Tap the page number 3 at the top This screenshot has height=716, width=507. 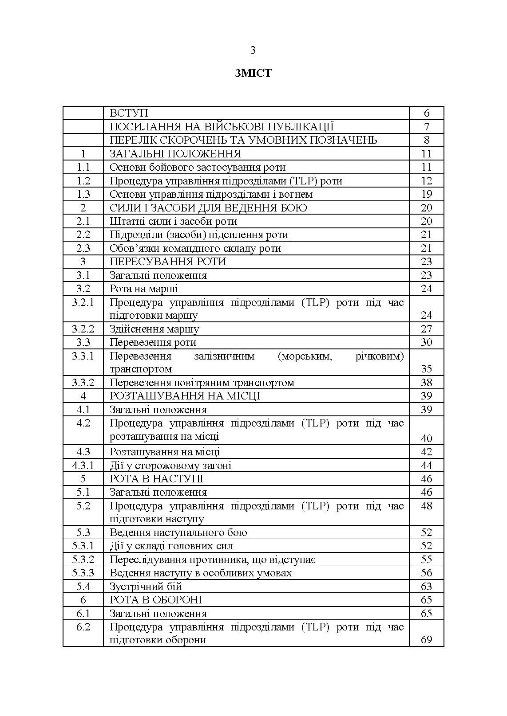(253, 51)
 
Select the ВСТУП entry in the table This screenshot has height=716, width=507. (129, 113)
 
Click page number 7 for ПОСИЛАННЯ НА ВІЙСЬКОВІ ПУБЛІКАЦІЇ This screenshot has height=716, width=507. (426, 127)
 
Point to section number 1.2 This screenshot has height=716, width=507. (83, 181)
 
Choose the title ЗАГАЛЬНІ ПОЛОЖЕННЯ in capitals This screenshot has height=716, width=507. (175, 154)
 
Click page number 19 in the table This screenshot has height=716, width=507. (426, 194)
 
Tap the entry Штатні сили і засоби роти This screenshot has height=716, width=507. (173, 221)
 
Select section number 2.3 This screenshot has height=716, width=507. (83, 248)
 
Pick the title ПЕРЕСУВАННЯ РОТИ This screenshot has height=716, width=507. (168, 262)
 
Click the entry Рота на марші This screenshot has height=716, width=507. (144, 289)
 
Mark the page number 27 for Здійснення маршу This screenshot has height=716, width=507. (426, 329)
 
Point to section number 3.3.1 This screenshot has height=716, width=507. (83, 356)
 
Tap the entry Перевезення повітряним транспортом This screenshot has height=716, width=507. (202, 383)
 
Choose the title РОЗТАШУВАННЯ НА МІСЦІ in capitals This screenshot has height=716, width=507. (185, 396)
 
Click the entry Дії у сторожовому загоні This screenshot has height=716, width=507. (170, 466)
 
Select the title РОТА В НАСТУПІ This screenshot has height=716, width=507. (156, 479)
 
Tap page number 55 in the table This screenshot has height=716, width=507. (426, 559)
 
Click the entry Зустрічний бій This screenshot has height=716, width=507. (146, 587)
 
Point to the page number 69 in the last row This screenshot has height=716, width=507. (426, 640)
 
